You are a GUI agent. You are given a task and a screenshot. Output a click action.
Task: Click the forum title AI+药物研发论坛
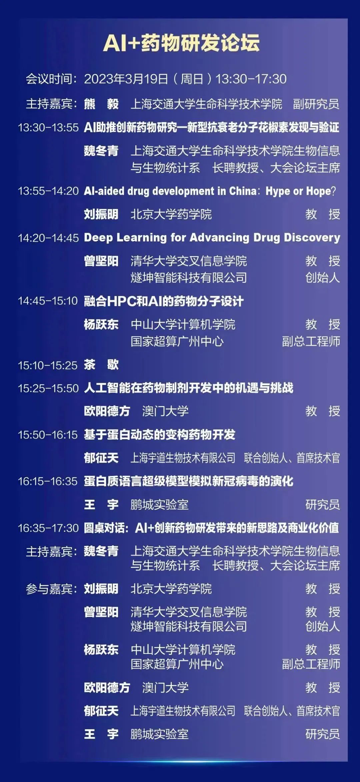tap(181, 43)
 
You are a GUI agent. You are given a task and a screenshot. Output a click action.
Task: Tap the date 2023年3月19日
tap(126, 79)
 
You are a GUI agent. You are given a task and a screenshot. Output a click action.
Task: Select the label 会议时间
tap(49, 79)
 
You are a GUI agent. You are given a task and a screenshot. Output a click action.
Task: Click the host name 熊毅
tap(101, 104)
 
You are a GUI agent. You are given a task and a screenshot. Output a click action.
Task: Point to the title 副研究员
tap(316, 104)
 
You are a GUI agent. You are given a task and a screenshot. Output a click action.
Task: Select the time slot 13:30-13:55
tap(48, 127)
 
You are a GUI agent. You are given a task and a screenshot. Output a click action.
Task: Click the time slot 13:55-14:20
tap(48, 191)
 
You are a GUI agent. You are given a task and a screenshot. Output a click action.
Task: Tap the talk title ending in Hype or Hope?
tap(210, 191)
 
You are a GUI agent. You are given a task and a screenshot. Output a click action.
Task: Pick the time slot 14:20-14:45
tap(48, 238)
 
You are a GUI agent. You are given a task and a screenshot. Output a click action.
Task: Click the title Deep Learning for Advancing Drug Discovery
tap(212, 237)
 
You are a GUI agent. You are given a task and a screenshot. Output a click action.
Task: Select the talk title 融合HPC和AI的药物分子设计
tap(164, 301)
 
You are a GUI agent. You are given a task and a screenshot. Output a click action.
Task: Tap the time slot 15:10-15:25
tap(48, 365)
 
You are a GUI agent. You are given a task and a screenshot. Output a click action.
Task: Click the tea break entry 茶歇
tap(101, 365)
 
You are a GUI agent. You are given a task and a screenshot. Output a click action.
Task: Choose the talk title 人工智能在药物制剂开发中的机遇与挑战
tap(189, 388)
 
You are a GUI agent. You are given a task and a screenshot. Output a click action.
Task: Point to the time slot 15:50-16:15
tap(48, 435)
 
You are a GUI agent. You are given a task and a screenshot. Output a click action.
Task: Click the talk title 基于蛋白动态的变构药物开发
tap(160, 435)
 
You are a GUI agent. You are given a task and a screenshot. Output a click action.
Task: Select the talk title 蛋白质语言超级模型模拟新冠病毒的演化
tap(189, 481)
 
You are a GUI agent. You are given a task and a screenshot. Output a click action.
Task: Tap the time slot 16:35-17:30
tap(48, 528)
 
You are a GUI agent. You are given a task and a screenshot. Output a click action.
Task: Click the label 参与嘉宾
tap(49, 589)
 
